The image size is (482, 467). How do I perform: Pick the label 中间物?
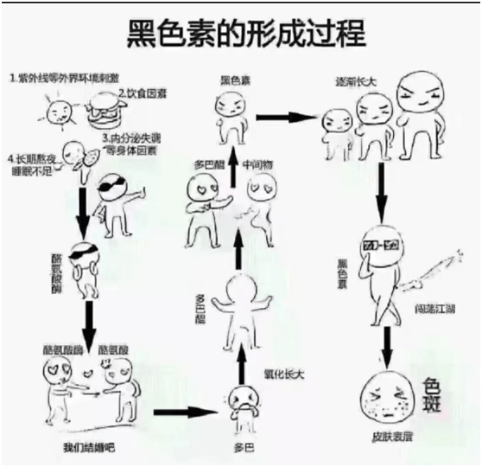(257, 163)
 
